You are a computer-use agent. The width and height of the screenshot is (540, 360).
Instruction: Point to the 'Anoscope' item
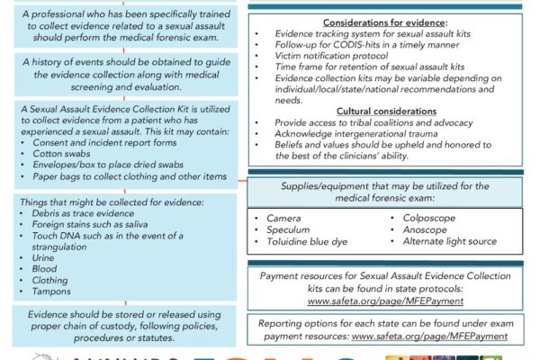tap(427, 229)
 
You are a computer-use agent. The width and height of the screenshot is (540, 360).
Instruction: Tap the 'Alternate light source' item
tap(451, 241)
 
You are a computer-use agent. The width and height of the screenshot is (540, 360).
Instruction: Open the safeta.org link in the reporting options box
tap(430, 336)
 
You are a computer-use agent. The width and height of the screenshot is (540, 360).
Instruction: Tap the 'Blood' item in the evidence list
tap(46, 268)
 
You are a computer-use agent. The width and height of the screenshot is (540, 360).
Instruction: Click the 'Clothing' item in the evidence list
tap(50, 280)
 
